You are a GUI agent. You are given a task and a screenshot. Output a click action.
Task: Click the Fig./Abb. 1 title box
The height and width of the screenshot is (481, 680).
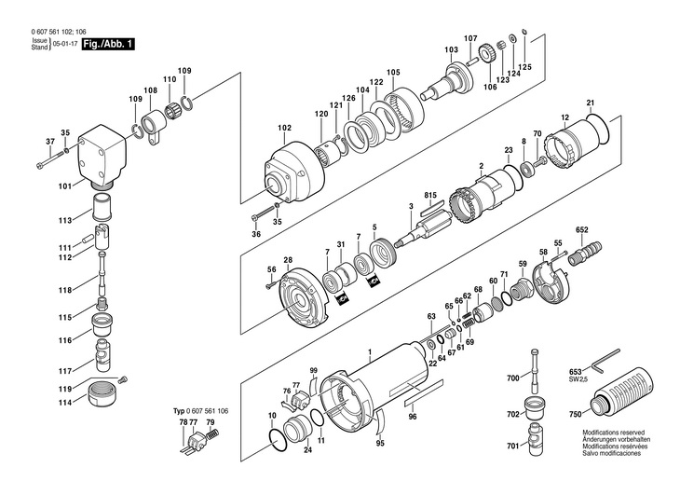(106, 43)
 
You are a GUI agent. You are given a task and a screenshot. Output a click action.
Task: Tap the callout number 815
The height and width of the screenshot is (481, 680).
(430, 195)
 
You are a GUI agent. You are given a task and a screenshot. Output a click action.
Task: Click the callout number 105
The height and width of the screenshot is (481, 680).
(393, 73)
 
